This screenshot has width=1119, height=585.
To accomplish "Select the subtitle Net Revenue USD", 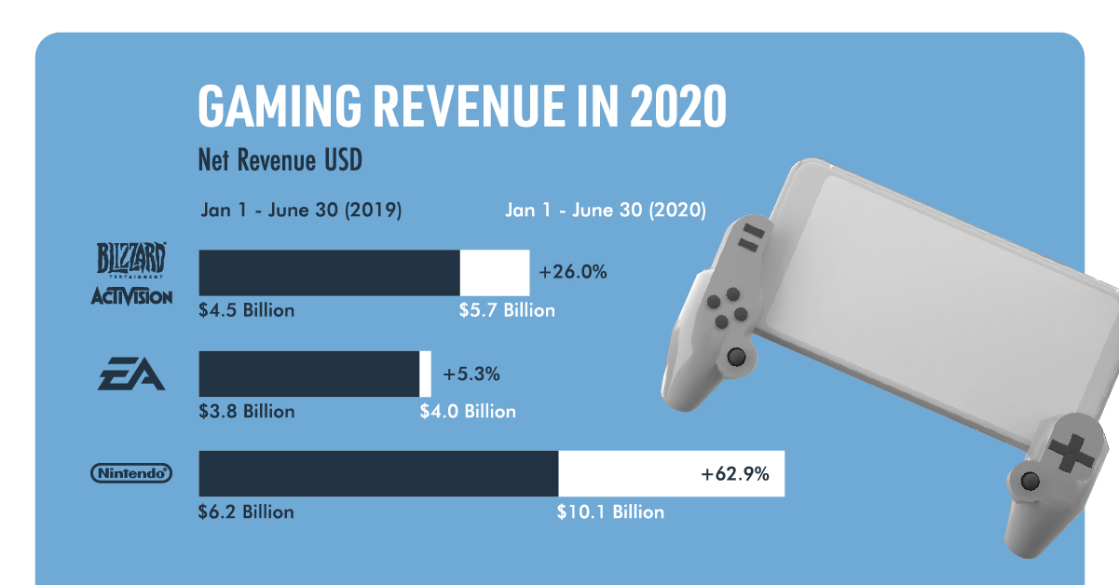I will coord(280,161).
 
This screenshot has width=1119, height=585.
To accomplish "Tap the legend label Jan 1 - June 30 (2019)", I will coord(301,211).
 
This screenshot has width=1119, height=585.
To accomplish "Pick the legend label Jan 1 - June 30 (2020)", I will coord(606,211).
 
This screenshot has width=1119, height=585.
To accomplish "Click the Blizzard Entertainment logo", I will coord(131,260).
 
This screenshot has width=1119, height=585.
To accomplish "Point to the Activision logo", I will coord(131,297).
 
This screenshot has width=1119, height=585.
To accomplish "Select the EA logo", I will coord(132,375).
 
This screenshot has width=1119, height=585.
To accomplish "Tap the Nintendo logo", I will coord(131,474).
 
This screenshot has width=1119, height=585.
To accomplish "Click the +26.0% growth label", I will coord(573,273).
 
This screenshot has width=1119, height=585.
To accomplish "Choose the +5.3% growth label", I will coord(471,374).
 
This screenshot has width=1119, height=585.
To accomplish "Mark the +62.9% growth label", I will coord(735,474).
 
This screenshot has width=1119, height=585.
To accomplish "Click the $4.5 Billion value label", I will coord(246,310).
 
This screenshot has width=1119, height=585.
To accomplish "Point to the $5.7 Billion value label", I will coord(507,310).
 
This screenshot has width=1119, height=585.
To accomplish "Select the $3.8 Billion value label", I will coord(246,411).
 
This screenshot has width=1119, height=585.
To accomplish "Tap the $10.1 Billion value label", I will coord(610,511).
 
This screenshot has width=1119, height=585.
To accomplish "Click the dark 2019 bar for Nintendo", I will coord(378,474).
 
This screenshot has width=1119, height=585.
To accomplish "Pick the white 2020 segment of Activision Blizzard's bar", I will coord(495,273).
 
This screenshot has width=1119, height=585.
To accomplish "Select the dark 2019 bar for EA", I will coord(309,374).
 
